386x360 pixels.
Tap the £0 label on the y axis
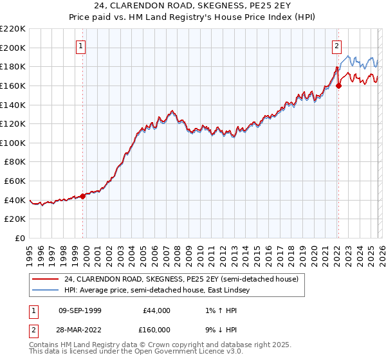19,238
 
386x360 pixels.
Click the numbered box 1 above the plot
82,46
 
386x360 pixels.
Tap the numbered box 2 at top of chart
336,46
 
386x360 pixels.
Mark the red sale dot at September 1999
83,196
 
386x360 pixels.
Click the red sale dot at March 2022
339,85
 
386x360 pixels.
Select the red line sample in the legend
45,280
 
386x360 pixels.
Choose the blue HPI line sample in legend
45,291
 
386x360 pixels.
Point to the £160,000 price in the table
156,328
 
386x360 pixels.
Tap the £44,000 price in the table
156,310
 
